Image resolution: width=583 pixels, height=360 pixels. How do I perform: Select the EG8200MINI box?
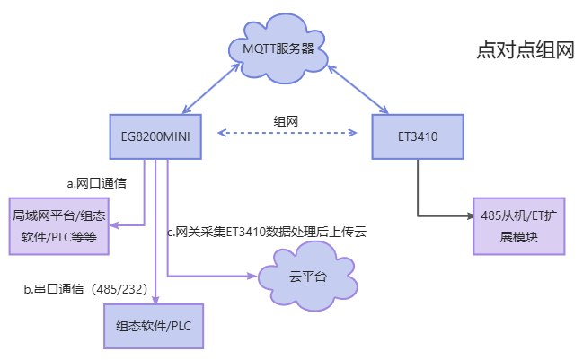click(155, 137)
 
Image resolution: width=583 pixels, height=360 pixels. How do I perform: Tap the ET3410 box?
click(418, 137)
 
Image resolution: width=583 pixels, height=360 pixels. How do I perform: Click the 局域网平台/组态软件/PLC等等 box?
click(58, 225)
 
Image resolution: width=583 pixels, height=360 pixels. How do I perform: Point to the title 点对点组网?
click(525, 50)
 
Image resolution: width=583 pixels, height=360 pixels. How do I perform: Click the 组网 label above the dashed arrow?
click(286, 120)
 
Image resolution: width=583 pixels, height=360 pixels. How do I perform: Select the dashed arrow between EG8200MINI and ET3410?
click(287, 134)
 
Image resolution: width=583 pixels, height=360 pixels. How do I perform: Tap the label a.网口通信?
click(96, 183)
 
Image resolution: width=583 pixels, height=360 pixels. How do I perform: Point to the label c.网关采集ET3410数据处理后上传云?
click(267, 232)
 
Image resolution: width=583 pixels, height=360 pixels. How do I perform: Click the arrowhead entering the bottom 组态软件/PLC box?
click(155, 299)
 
